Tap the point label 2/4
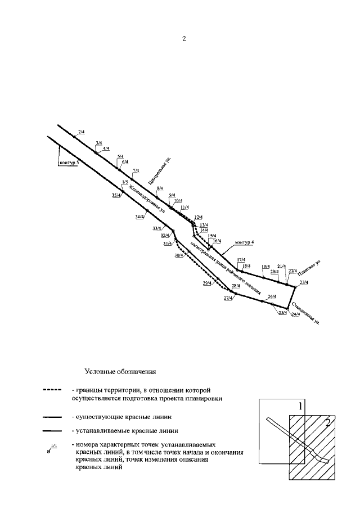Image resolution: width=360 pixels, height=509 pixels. coord(81,132)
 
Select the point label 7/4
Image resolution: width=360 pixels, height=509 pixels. coord(136,170)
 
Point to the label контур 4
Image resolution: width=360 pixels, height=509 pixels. coord(245,242)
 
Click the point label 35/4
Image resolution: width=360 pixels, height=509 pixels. coord(116,195)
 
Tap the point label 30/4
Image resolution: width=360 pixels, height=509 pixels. coord(178,255)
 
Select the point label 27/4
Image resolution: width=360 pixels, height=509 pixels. coord(228,298)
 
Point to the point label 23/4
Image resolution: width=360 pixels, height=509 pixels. coord(304,282)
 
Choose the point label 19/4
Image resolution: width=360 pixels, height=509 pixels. coord(266,266)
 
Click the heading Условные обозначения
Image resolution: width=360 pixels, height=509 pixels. coord(119,371)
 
